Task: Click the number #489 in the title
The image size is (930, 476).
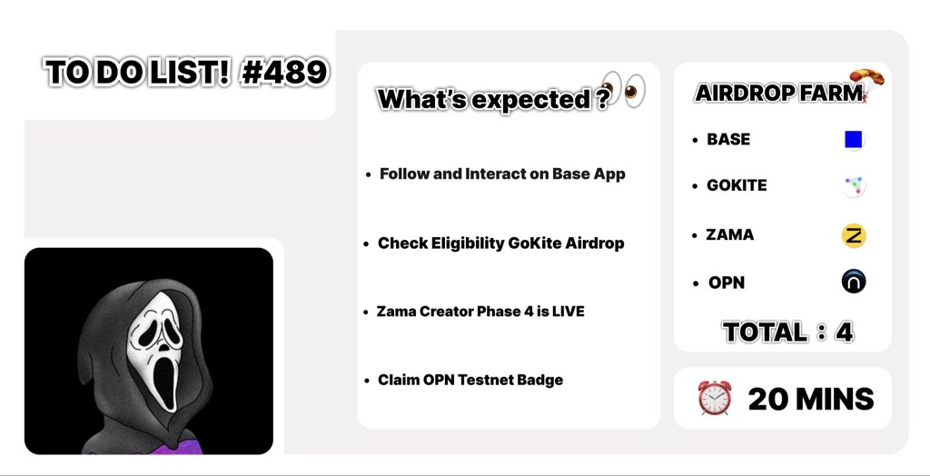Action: click(284, 72)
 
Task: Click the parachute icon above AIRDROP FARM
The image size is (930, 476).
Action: click(866, 80)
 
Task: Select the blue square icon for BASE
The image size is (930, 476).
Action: click(853, 139)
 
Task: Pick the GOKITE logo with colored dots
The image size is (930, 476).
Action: click(853, 186)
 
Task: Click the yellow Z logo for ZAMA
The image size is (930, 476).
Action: click(854, 235)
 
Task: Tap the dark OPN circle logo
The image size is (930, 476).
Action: click(854, 282)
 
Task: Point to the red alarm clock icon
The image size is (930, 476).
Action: click(714, 398)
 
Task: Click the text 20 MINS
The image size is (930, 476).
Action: click(810, 399)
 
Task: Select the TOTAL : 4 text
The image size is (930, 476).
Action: click(787, 332)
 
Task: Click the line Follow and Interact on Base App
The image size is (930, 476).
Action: click(501, 174)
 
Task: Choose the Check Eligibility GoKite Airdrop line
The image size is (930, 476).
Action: click(500, 243)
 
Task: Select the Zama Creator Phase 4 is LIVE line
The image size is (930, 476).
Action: click(480, 312)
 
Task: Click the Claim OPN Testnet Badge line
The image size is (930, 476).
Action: click(470, 380)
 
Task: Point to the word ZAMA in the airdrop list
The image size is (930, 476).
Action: click(729, 234)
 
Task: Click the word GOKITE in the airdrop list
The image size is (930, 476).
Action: click(736, 185)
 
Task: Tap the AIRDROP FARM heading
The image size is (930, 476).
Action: click(777, 93)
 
